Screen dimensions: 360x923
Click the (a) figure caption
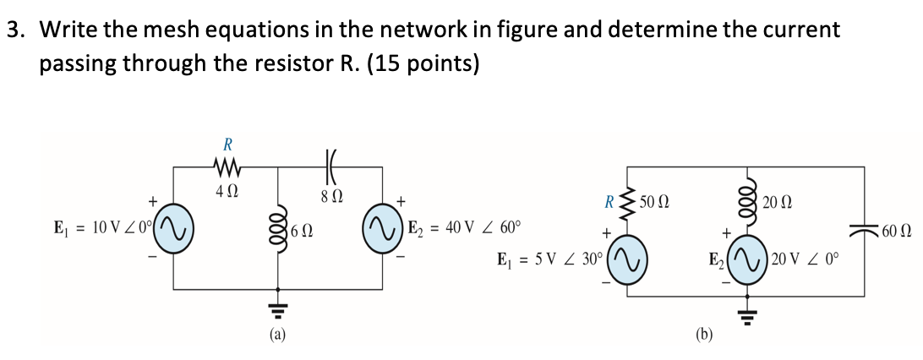[x=278, y=335]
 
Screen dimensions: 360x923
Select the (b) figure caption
[x=704, y=335]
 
